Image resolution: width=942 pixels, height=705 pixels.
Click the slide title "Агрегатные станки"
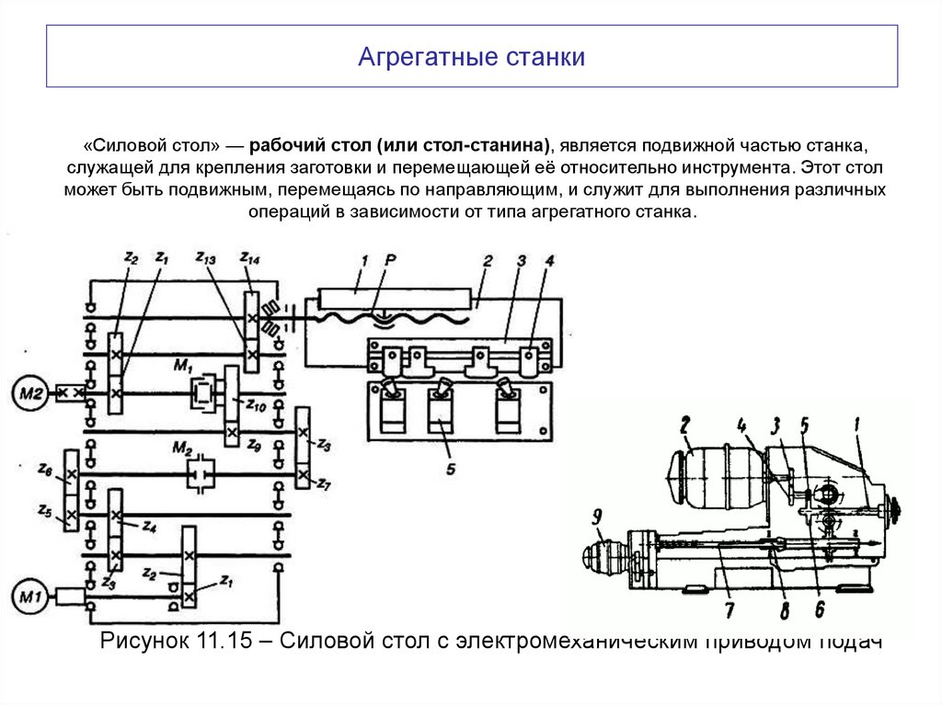coord(471,57)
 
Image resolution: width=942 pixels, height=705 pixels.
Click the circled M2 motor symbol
coord(29,393)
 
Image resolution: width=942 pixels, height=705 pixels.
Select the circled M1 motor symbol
coord(29,599)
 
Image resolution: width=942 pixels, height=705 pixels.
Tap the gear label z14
coord(248,259)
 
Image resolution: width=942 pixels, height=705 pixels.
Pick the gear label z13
coord(205,260)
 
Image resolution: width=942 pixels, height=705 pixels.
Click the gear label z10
coord(255,404)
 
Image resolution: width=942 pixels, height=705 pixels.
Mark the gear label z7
coord(322,484)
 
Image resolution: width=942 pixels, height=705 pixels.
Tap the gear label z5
coord(43,510)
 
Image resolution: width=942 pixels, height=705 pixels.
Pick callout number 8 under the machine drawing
coord(782,610)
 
